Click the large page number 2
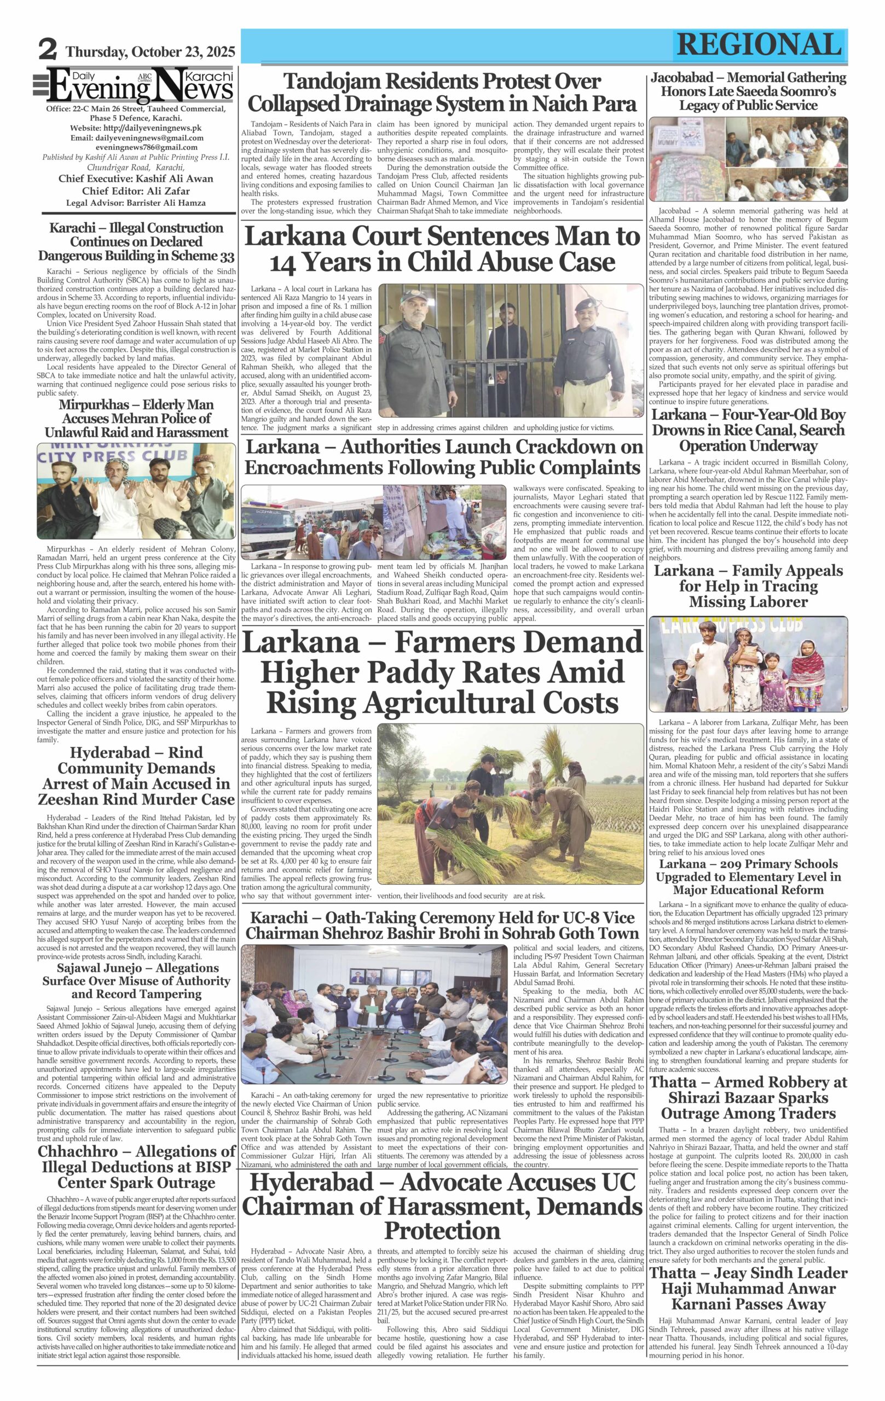pos(48,50)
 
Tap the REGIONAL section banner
pos(759,45)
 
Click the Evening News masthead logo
pos(140,85)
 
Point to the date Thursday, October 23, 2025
pos(151,52)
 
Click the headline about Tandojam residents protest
pos(442,92)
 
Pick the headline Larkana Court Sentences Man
pos(442,248)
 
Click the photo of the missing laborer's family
pos(748,664)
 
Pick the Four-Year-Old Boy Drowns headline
pos(748,430)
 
